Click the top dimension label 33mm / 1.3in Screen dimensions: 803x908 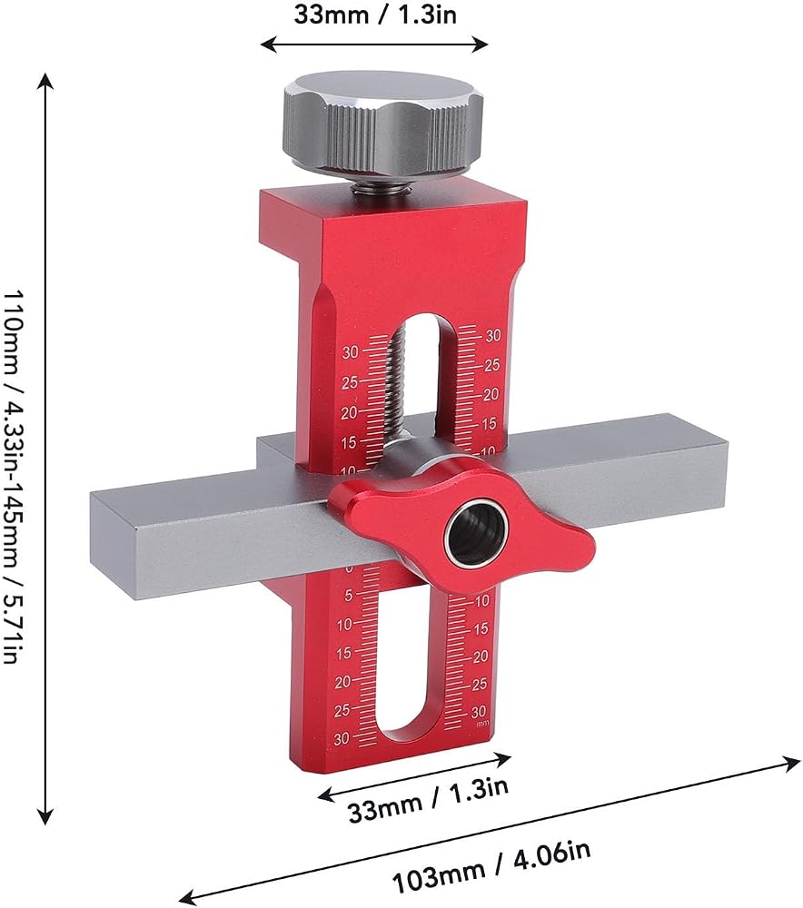click(375, 14)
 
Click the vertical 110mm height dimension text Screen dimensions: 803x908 click(12, 477)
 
